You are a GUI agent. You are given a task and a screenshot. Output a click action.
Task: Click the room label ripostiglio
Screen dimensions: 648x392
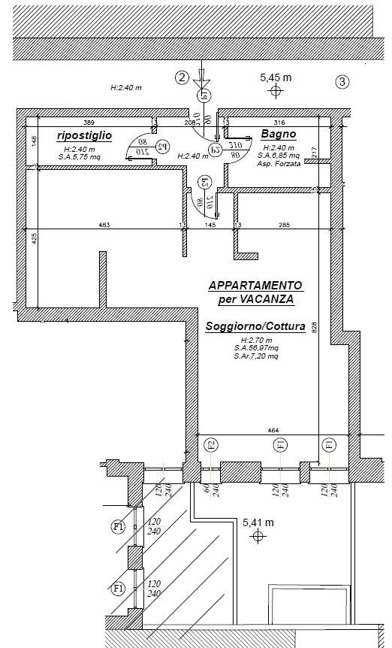click(x=84, y=135)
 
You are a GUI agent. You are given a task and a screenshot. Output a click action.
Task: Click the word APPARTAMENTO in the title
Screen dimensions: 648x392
click(x=255, y=286)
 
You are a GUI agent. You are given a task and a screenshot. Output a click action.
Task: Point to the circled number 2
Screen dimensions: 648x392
click(x=181, y=77)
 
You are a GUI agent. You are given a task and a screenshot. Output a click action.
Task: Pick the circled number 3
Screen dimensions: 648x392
click(x=342, y=82)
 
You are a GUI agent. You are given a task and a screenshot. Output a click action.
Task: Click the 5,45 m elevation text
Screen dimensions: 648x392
click(x=276, y=77)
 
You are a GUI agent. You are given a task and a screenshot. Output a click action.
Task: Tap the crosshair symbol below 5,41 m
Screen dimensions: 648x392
click(x=259, y=536)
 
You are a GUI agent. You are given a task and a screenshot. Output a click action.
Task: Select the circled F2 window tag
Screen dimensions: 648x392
click(x=211, y=444)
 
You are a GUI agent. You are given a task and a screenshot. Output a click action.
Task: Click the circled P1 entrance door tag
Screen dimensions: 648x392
click(x=202, y=95)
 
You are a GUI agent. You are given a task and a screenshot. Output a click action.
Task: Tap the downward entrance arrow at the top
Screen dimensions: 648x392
click(x=201, y=78)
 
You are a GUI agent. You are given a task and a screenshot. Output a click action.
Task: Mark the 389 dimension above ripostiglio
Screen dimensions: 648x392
click(x=89, y=122)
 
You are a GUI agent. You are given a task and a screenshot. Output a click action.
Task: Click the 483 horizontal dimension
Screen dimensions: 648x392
click(x=104, y=225)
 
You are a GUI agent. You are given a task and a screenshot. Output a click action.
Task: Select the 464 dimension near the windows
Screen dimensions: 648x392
click(x=273, y=430)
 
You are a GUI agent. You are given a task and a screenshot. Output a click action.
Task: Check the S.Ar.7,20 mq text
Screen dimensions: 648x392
click(x=255, y=356)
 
